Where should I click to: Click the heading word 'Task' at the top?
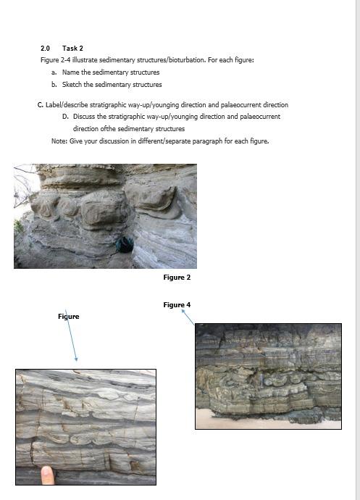68,48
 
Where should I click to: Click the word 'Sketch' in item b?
72,84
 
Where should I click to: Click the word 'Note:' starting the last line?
59,141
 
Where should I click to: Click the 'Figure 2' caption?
177,278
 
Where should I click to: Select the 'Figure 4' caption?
177,305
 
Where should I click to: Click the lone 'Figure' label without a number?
69,317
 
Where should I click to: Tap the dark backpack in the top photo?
125,246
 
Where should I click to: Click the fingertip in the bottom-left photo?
48,475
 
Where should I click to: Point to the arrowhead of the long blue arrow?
75,359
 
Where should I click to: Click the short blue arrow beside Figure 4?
188,317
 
